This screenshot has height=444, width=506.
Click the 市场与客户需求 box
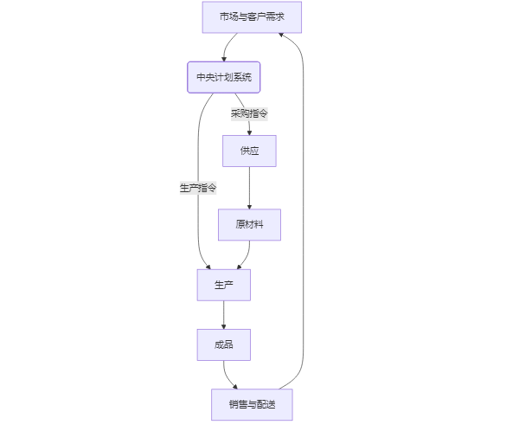(x=252, y=17)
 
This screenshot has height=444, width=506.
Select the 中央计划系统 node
(x=224, y=77)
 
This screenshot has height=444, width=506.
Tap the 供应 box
(x=249, y=151)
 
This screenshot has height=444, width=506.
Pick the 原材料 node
(x=249, y=224)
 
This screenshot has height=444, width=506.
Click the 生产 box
(x=223, y=285)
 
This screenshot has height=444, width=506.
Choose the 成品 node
(x=223, y=344)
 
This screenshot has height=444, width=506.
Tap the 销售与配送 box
(x=252, y=404)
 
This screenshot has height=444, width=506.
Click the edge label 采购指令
(x=249, y=113)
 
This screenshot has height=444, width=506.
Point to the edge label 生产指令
(x=198, y=188)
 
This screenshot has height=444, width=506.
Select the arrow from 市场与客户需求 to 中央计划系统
(x=227, y=46)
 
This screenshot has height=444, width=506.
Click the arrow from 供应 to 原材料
(x=249, y=187)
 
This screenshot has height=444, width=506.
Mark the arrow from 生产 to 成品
(x=223, y=314)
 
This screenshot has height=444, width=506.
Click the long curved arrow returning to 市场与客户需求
(x=304, y=216)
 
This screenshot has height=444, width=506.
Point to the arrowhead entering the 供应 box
(x=249, y=132)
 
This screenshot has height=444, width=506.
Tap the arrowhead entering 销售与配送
(x=234, y=386)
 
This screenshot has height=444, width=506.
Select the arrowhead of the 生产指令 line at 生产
(x=208, y=266)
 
